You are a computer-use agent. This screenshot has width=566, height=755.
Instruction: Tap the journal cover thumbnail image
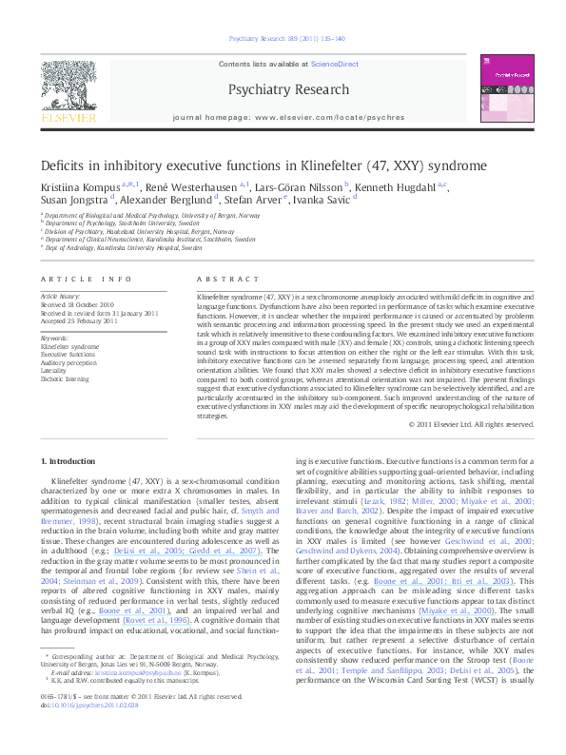[x=506, y=87]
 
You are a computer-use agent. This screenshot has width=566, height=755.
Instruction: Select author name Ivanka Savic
[x=324, y=200]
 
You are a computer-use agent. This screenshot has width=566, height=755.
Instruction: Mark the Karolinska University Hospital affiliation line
[x=125, y=247]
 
